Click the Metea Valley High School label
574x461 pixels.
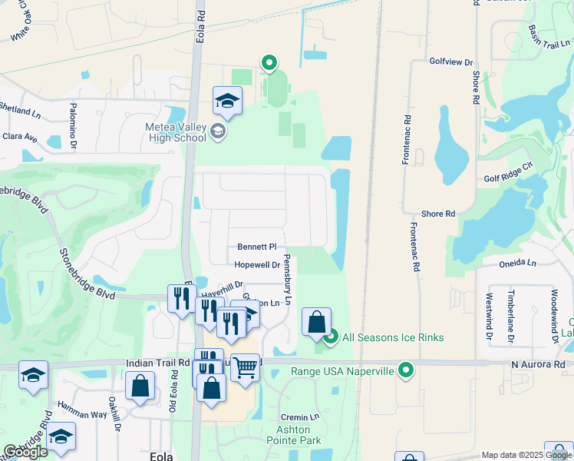176,133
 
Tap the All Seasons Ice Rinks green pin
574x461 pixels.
331,337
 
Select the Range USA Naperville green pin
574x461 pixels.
406,371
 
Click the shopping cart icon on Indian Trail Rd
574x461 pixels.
245,366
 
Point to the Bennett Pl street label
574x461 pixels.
256,247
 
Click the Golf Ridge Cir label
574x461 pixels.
508,177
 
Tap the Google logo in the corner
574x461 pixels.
25,452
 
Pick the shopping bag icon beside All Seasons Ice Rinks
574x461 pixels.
316,322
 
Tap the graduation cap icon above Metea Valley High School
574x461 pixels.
227,101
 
